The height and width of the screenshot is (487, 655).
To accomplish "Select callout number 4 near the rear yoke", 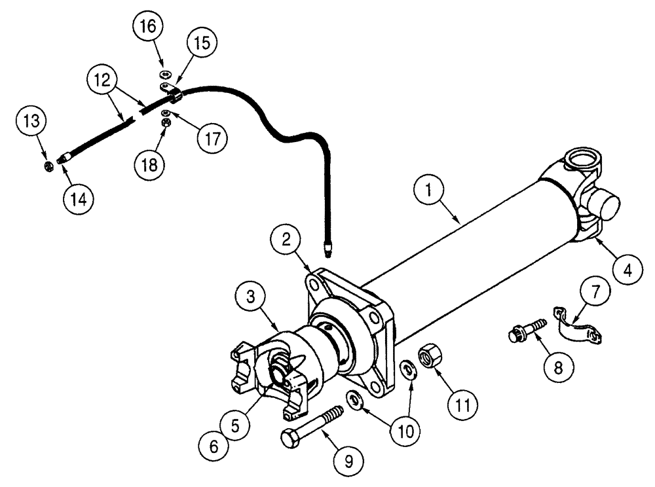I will pyautogui.click(x=627, y=267).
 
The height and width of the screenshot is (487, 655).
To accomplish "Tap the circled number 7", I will pyautogui.click(x=595, y=293).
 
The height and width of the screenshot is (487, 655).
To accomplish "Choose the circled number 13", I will pyautogui.click(x=32, y=120).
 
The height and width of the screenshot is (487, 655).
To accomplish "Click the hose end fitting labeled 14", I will pyautogui.click(x=64, y=158).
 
